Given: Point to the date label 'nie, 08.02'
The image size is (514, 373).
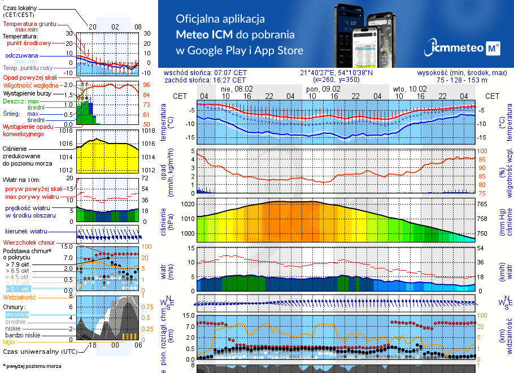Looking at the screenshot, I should (237, 89).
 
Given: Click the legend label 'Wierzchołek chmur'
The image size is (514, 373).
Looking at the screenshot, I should (24, 242).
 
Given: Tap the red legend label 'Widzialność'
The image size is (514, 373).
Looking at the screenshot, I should (19, 297).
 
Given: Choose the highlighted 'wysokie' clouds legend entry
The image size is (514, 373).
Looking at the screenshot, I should (17, 314).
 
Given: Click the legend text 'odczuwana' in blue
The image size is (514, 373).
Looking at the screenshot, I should (21, 56).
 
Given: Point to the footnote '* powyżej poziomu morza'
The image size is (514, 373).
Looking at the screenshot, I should (32, 366).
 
